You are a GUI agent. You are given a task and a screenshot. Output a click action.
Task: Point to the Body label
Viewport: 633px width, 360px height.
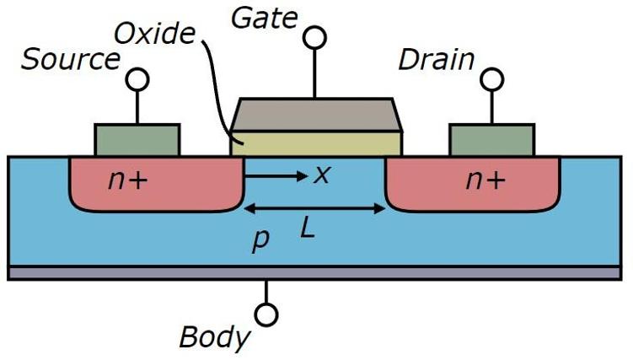215,337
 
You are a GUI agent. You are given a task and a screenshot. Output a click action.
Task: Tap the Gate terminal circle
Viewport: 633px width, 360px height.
314,37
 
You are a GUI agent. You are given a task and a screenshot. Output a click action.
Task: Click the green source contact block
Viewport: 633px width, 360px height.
137,140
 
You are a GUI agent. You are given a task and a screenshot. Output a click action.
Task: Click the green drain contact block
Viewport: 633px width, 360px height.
491,140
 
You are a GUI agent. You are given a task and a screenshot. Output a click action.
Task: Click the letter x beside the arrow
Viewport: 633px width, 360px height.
320,175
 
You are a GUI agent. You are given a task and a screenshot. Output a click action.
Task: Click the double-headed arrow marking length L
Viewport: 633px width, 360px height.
314,207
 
